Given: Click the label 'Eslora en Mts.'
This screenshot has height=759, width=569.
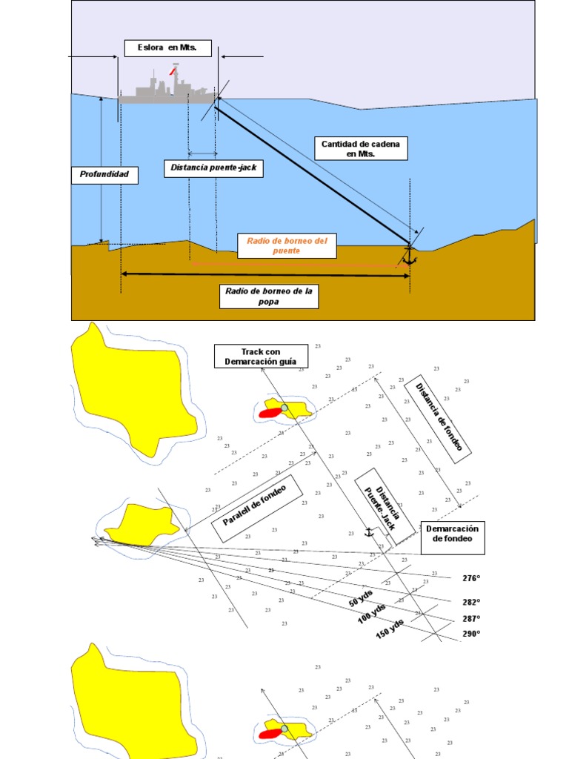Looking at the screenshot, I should (167, 48).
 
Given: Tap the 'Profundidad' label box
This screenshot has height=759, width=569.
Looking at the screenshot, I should (104, 175).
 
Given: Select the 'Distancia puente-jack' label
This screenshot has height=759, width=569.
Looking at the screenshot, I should (213, 168).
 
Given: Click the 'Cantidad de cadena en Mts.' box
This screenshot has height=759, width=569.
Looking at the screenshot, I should (362, 149).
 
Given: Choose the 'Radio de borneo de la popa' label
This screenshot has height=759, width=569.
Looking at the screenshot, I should (270, 296).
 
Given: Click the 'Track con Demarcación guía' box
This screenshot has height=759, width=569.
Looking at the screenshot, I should (262, 356).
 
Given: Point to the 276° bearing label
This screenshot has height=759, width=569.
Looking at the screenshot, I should (471, 578).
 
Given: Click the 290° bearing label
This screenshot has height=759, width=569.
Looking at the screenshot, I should (471, 634).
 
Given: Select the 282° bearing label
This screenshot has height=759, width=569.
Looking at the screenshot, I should (471, 602).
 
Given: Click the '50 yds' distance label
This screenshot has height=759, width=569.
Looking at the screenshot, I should (362, 598).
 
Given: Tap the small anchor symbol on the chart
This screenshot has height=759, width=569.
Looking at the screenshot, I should (368, 531).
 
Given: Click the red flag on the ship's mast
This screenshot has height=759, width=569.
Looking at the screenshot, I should (173, 72).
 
